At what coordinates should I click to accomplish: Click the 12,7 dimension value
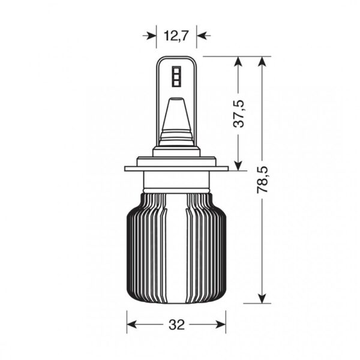176,35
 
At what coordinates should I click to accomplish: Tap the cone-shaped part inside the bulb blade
176,117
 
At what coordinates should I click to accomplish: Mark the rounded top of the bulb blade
176,59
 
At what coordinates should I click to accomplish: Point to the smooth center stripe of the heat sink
176,246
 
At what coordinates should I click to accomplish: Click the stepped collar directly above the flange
176,157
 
